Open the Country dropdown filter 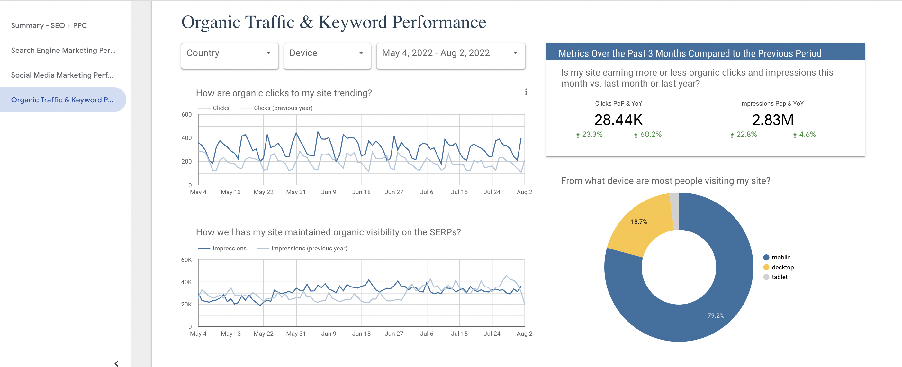(x=229, y=53)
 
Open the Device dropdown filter (x=327, y=53)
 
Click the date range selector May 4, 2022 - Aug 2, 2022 (x=450, y=53)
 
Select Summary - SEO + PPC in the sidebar (x=49, y=25)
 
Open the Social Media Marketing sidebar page (x=62, y=75)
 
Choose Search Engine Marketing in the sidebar (x=63, y=51)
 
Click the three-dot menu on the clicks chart (x=526, y=92)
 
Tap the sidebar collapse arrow (x=116, y=363)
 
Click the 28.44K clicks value (x=618, y=120)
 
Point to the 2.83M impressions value (x=773, y=120)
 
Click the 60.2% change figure (x=650, y=135)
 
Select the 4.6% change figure (x=807, y=135)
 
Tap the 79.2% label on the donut (x=715, y=315)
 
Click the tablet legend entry (x=779, y=277)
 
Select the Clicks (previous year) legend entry (x=283, y=108)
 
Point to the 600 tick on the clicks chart (x=187, y=115)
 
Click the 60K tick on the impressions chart (x=186, y=260)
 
